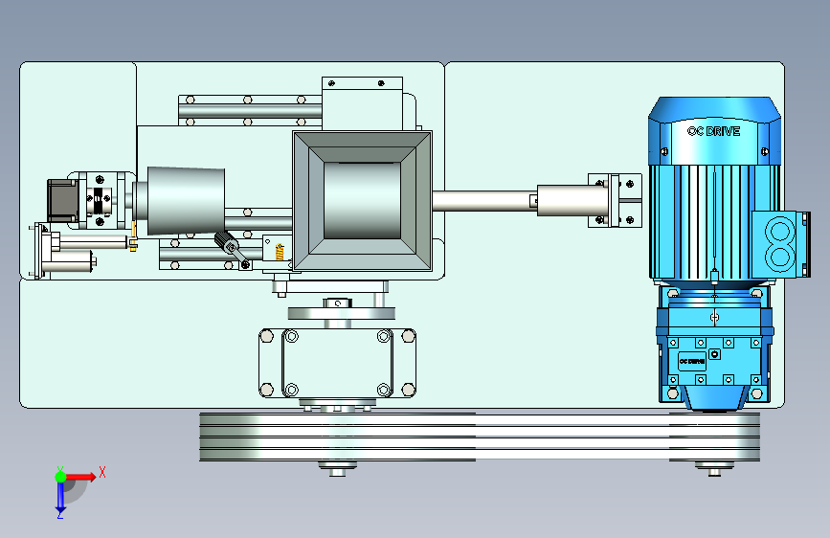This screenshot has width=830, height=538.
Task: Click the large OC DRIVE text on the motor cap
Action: pos(713,131)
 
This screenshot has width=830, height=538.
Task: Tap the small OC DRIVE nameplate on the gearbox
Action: pos(692,361)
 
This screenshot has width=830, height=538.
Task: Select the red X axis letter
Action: pos(102,472)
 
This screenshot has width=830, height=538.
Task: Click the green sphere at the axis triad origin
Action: pos(61,477)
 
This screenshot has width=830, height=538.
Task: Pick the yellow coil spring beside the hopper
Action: pos(280,252)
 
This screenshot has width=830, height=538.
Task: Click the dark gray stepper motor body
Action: pos(62,200)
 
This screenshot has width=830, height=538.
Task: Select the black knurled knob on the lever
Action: pos(227,242)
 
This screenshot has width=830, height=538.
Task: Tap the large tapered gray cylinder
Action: pos(186,201)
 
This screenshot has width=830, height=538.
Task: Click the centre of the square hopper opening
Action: pos(362,201)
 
